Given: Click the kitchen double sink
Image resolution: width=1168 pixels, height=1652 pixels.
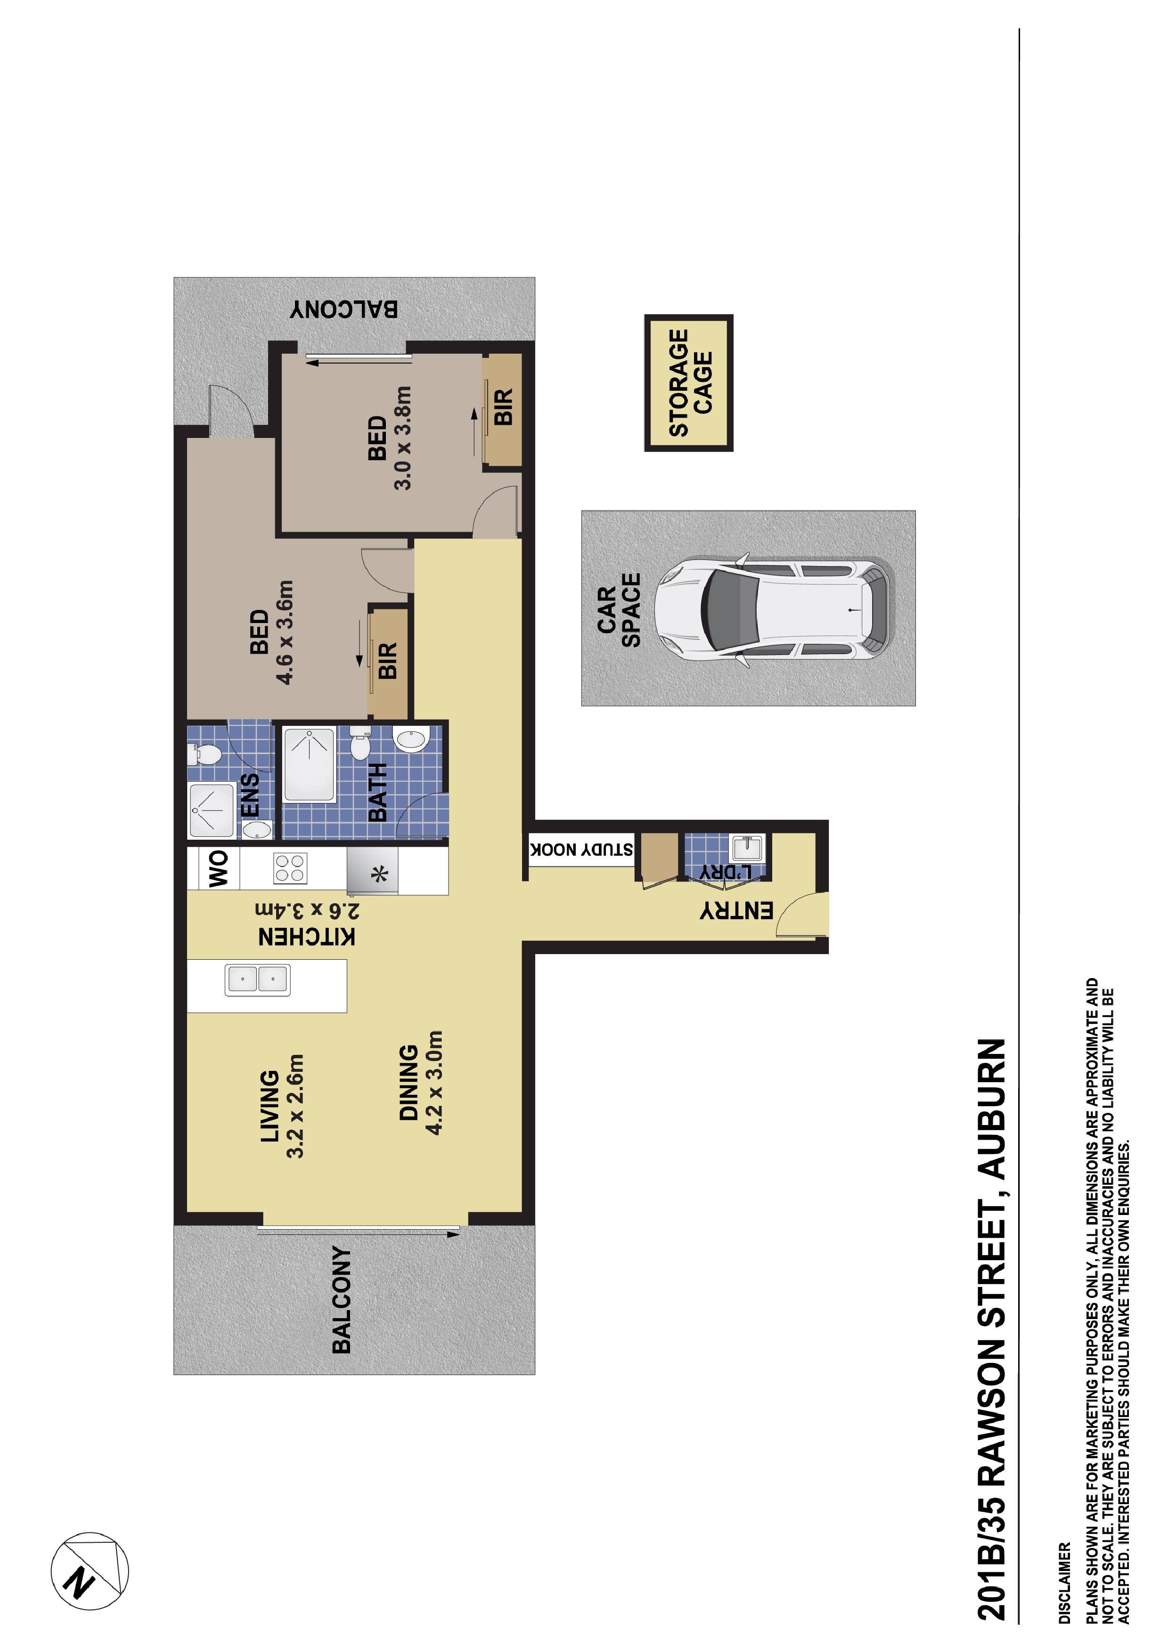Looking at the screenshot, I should tap(258, 979).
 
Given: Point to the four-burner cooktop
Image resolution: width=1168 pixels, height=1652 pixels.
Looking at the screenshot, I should tap(290, 868).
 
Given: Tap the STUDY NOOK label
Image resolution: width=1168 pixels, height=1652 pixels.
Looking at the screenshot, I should tap(581, 850).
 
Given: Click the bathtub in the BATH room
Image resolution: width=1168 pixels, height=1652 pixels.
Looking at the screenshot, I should tap(310, 764).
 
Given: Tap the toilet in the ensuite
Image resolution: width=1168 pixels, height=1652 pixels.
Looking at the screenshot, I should tap(204, 754).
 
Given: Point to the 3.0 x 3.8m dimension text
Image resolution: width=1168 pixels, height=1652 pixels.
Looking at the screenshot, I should tap(403, 437).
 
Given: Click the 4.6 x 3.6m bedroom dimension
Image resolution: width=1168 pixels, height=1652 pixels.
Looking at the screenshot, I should tap(285, 632).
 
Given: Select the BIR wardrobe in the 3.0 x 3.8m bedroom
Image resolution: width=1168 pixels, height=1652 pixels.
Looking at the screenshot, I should tap(502, 409).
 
